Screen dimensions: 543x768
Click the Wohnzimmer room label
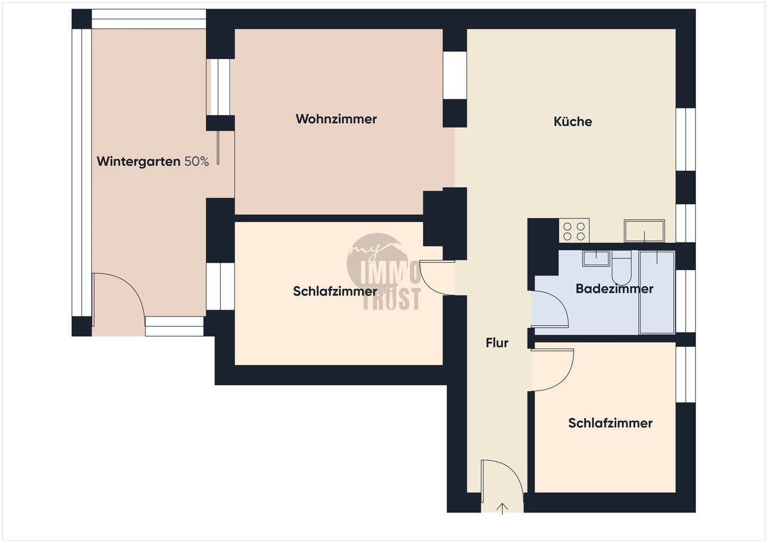tap(336, 119)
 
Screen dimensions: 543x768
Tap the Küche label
tap(573, 121)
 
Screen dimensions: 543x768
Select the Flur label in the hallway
tap(497, 343)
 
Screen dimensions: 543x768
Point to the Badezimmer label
tap(614, 289)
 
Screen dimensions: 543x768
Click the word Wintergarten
tap(139, 161)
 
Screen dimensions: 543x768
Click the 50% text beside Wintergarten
tap(197, 161)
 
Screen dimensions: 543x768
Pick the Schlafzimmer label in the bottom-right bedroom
tap(610, 423)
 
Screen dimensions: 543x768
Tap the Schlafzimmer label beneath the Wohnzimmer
tap(335, 291)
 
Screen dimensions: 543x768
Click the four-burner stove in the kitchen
tap(574, 231)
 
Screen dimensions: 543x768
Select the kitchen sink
tap(644, 231)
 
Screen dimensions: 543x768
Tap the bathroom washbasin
tap(596, 258)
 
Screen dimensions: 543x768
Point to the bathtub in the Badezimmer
tap(657, 292)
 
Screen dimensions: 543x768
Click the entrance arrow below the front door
tap(502, 508)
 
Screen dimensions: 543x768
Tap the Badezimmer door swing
tap(549, 309)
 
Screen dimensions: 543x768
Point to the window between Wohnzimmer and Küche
tap(455, 75)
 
